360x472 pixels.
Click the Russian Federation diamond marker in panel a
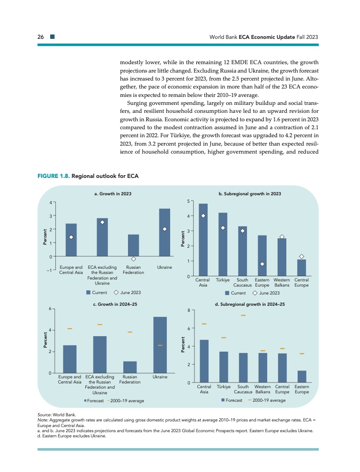pyautogui.click(x=134, y=259)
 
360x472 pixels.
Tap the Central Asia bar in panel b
pyautogui.click(x=203, y=240)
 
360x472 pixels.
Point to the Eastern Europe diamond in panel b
pyautogui.click(x=262, y=264)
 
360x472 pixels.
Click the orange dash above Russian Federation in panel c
pyautogui.click(x=130, y=332)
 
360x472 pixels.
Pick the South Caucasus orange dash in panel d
pyautogui.click(x=243, y=316)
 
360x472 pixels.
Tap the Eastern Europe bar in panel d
pyautogui.click(x=302, y=377)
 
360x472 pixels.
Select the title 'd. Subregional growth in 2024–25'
pyautogui.click(x=250, y=304)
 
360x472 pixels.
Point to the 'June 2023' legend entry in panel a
pyautogui.click(x=127, y=293)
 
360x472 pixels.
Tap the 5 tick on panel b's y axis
pyautogui.click(x=187, y=201)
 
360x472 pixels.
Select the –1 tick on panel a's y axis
pyautogui.click(x=48, y=271)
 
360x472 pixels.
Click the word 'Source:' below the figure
pyautogui.click(x=45, y=415)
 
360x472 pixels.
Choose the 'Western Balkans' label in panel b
pyautogui.click(x=282, y=282)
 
